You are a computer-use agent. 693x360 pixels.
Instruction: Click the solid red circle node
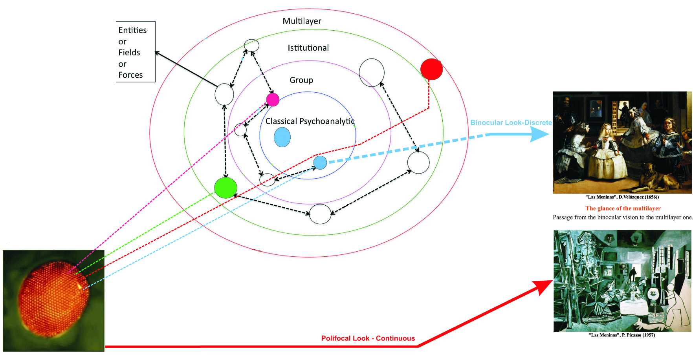[431, 69]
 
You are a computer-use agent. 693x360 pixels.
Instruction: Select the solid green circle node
[225, 188]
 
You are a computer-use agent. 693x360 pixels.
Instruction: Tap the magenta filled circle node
[273, 100]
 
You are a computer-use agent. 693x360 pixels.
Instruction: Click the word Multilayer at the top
[302, 21]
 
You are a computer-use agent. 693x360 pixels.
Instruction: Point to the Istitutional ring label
[308, 48]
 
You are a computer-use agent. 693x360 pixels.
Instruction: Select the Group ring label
[301, 80]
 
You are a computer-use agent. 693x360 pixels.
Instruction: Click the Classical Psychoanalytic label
[310, 121]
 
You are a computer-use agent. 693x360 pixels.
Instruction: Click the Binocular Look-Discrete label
[511, 122]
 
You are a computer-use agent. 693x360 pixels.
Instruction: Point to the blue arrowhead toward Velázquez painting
[540, 134]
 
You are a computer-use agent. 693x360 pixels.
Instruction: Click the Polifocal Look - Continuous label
[368, 338]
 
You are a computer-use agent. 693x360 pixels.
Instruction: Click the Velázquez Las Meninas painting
[622, 143]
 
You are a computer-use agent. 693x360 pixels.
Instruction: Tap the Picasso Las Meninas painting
[622, 281]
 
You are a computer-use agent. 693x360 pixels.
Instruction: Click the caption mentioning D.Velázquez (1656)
[622, 197]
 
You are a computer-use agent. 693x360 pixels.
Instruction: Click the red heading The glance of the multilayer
[623, 208]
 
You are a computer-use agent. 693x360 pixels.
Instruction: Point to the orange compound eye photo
[53, 300]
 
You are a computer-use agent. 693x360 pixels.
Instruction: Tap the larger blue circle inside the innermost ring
[282, 137]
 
